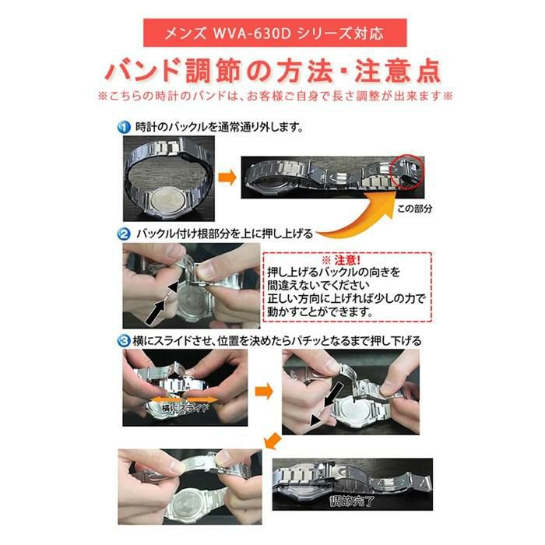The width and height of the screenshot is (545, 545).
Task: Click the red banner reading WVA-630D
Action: pos(272,35)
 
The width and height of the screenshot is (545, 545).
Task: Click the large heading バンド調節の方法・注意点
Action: pos(272,71)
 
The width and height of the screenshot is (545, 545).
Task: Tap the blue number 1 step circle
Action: pos(125,126)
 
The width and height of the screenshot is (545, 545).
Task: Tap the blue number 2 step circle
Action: pos(125,234)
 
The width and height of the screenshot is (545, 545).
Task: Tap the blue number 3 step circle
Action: pos(125,341)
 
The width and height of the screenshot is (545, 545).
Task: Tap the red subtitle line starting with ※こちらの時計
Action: pos(272,97)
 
